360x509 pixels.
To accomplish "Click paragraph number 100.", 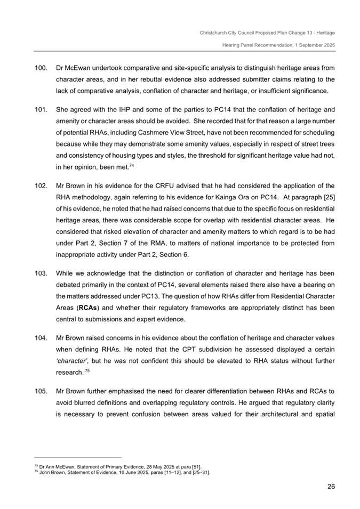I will [41, 69].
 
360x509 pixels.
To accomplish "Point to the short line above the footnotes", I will [78, 457].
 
